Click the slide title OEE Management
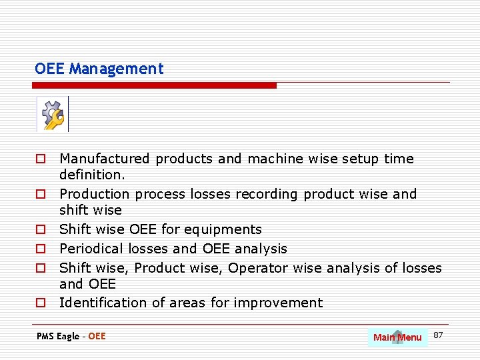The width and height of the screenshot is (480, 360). click(x=99, y=69)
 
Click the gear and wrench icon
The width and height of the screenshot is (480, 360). click(x=53, y=115)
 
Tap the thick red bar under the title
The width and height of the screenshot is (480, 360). click(x=155, y=85)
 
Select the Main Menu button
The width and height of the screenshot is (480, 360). click(x=397, y=337)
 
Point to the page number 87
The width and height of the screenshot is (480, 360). click(x=438, y=334)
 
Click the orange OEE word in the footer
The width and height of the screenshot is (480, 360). click(x=97, y=336)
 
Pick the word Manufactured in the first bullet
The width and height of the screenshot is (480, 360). click(x=105, y=159)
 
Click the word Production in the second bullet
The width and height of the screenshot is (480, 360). click(x=94, y=194)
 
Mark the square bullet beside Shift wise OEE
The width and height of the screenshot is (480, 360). click(x=41, y=230)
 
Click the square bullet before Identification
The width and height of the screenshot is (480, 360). click(x=41, y=303)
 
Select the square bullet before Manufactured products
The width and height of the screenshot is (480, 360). click(x=41, y=159)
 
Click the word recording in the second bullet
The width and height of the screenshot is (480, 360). click(x=268, y=194)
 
